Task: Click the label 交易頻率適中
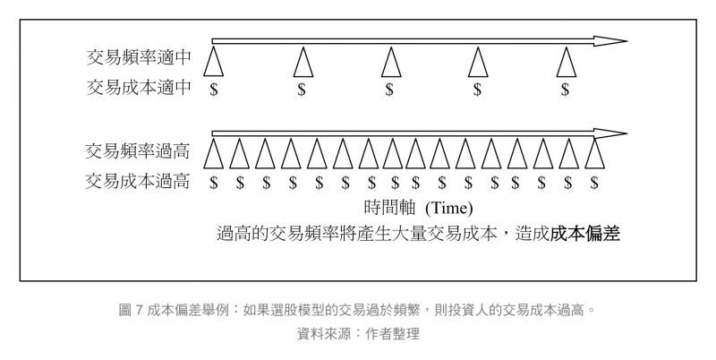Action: point(139,58)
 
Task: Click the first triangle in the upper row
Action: point(213,62)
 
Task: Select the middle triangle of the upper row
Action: point(390,62)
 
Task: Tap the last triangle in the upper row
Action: point(566,62)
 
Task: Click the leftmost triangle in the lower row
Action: point(213,153)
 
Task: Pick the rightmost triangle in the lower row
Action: point(595,153)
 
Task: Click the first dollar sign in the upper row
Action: point(213,90)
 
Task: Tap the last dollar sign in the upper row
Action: point(565,90)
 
